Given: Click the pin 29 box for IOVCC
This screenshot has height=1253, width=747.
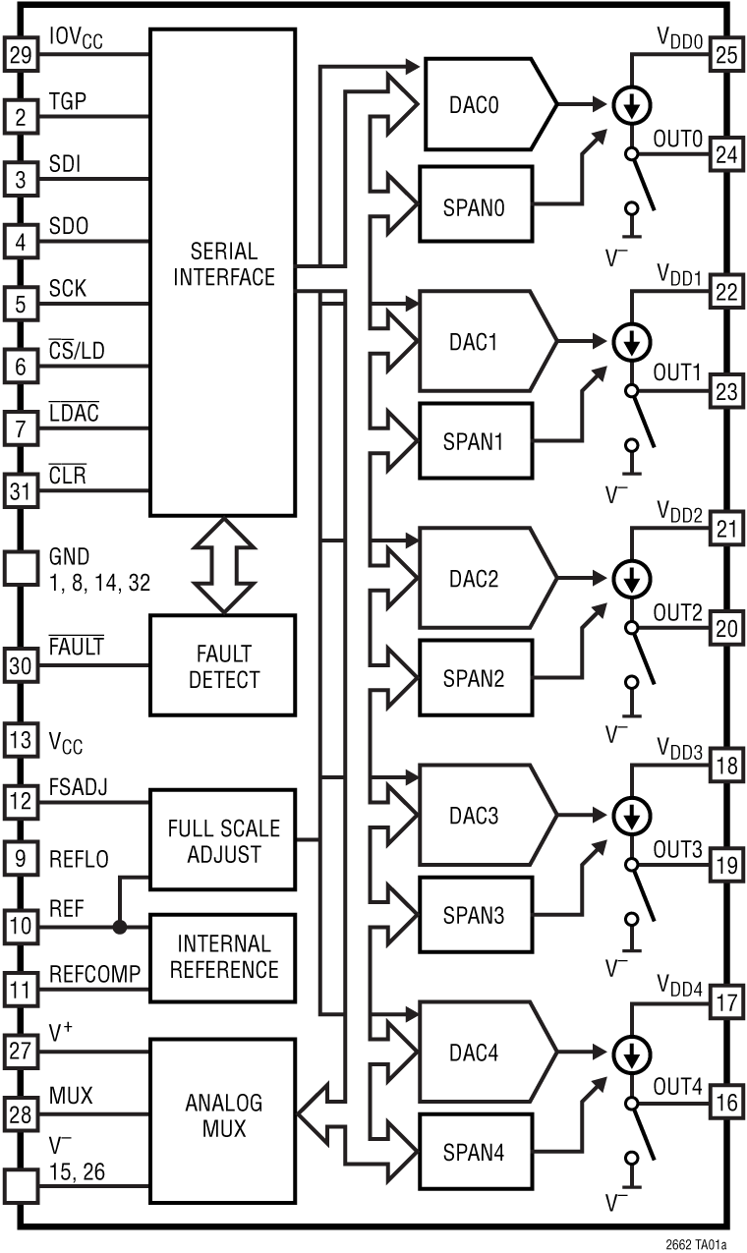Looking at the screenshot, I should click(20, 56).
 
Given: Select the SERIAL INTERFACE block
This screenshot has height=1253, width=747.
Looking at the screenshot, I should click(222, 271).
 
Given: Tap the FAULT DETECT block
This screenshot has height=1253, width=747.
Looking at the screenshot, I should click(222, 664).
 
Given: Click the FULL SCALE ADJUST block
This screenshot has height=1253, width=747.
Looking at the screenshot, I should click(222, 839).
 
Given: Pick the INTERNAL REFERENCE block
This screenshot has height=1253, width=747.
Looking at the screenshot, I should click(222, 957).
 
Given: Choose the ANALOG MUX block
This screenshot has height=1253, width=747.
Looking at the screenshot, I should click(222, 1114).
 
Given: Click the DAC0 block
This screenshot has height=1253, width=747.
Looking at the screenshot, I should click(482, 103).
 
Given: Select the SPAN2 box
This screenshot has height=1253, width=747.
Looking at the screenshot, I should click(476, 678).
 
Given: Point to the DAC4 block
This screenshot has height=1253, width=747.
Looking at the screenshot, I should click(482, 1053).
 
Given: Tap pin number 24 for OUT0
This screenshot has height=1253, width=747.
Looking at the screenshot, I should click(725, 154).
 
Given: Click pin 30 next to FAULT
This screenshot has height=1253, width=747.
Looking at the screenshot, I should click(20, 664).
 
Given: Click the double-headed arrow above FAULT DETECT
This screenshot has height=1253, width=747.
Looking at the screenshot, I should click(222, 565).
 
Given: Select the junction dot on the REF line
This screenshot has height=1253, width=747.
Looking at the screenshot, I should click(120, 925).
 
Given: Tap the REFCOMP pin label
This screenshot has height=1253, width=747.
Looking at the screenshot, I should click(94, 972).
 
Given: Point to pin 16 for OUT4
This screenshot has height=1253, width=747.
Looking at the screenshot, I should click(725, 1104).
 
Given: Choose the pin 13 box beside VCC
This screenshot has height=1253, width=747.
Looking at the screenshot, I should click(20, 741).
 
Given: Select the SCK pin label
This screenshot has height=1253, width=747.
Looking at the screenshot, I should click(68, 288).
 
